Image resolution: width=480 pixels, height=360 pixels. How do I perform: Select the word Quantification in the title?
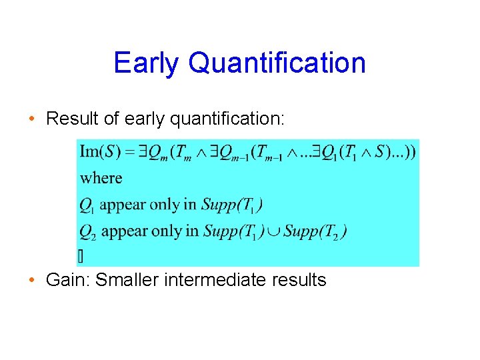click(x=277, y=63)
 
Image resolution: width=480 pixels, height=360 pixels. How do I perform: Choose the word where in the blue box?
click(x=101, y=179)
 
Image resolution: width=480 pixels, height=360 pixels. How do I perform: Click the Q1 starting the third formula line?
click(x=87, y=205)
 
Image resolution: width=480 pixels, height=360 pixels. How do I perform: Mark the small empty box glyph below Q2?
click(x=81, y=255)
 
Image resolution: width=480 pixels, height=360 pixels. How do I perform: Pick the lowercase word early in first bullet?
click(x=145, y=119)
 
